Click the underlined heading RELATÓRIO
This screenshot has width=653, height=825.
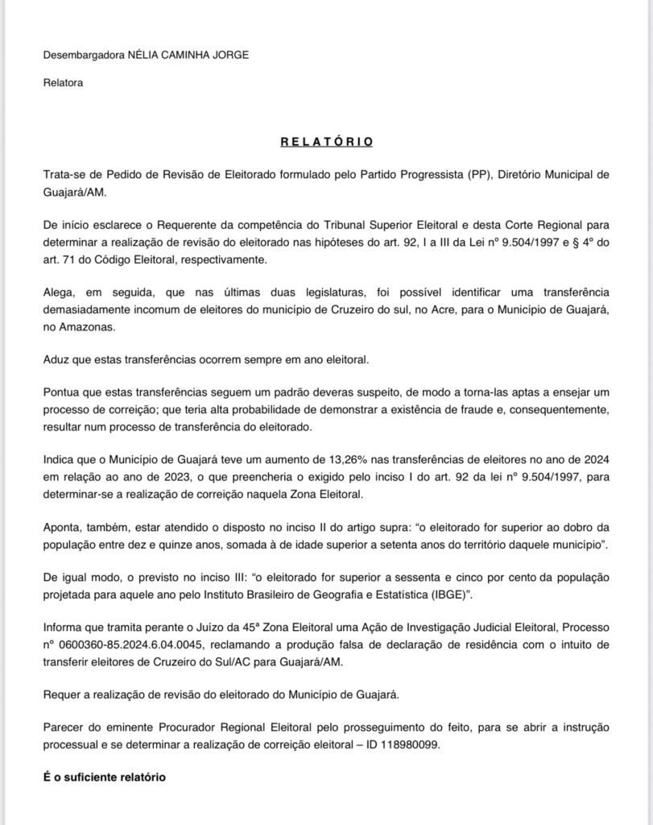click(326, 142)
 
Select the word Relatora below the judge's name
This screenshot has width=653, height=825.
click(63, 82)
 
